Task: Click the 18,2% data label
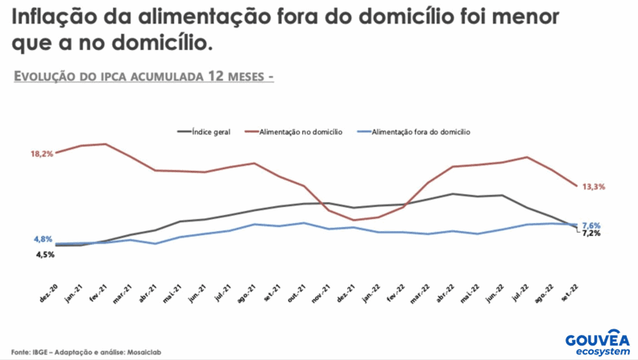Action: pyautogui.click(x=42, y=154)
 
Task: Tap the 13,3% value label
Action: pyautogui.click(x=594, y=187)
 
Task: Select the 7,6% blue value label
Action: pyautogui.click(x=590, y=225)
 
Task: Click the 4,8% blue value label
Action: pyautogui.click(x=43, y=239)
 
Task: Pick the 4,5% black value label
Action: pyautogui.click(x=44, y=254)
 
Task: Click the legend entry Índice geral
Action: pyautogui.click(x=209, y=130)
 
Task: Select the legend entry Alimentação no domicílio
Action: pyautogui.click(x=300, y=130)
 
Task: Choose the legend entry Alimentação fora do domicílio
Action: pyautogui.click(x=420, y=130)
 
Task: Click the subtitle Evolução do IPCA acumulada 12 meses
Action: pyautogui.click(x=144, y=77)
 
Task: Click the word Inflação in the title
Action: pyautogui.click(x=54, y=18)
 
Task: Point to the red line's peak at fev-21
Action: pyautogui.click(x=106, y=144)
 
